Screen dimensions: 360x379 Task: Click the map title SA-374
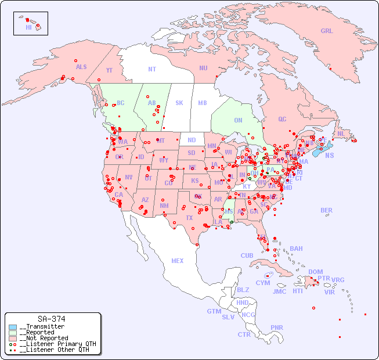coord(51,319)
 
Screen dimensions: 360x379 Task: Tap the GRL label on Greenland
coord(327,31)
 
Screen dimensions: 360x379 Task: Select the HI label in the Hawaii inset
coord(28,27)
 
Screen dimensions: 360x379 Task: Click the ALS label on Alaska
coord(81,67)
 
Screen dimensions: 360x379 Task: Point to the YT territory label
coord(110,70)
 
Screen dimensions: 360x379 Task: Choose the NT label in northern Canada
coord(152,69)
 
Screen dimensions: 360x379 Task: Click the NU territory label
coord(203,68)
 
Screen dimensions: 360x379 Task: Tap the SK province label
coord(179,103)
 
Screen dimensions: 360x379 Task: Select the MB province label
coord(203,103)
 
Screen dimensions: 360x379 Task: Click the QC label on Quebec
coord(282,119)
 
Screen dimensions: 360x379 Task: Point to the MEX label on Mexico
coord(178,261)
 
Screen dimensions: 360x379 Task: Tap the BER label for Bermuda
coord(326,210)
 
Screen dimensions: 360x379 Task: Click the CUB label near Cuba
coord(247,255)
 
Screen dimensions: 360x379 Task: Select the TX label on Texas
coord(189,218)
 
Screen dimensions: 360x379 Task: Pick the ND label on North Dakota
coord(192,140)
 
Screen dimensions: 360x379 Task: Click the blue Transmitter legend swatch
coord(13,327)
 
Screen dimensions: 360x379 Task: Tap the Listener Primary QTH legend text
coord(57,344)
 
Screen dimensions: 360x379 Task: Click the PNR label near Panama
coord(277,327)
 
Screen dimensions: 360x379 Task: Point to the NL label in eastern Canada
coord(341,133)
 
